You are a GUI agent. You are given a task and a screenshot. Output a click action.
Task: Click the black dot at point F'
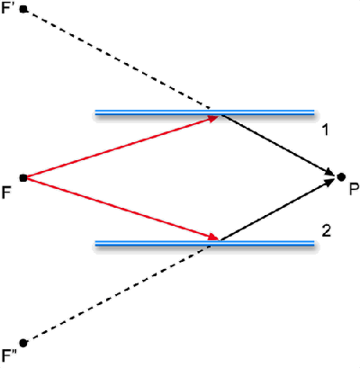(x=23, y=9)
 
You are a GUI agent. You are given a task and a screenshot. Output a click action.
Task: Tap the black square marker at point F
(x=23, y=178)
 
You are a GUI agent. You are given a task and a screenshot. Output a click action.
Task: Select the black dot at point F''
(x=23, y=343)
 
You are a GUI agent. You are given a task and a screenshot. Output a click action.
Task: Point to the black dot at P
(x=341, y=177)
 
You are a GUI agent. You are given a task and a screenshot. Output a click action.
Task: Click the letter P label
(x=354, y=190)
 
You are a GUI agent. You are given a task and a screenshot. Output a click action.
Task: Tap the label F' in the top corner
(x=7, y=8)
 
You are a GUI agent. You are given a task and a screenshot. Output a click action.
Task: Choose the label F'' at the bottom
(x=9, y=356)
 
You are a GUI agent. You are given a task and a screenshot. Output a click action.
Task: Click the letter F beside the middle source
(x=6, y=193)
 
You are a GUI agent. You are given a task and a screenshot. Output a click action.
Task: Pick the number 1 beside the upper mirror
(x=325, y=130)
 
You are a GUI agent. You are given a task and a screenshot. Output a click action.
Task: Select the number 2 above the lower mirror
(x=327, y=231)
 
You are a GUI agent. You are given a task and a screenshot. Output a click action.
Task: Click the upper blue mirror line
(x=205, y=112)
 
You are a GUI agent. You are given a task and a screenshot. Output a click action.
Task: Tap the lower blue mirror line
(x=205, y=244)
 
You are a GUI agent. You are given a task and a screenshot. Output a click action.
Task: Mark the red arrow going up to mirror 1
(x=122, y=147)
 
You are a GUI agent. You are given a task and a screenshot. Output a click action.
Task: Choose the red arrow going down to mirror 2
(x=122, y=209)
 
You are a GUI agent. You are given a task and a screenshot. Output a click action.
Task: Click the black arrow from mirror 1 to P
(x=278, y=145)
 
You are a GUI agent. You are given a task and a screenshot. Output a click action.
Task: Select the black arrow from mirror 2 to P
(x=278, y=210)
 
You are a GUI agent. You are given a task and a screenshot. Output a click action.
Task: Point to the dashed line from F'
(x=117, y=58)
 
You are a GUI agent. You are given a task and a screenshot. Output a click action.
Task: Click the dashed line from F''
(x=117, y=294)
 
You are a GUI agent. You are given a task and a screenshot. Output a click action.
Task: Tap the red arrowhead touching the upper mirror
(x=214, y=119)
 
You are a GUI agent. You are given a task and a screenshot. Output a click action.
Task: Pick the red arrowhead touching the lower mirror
(x=214, y=237)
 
